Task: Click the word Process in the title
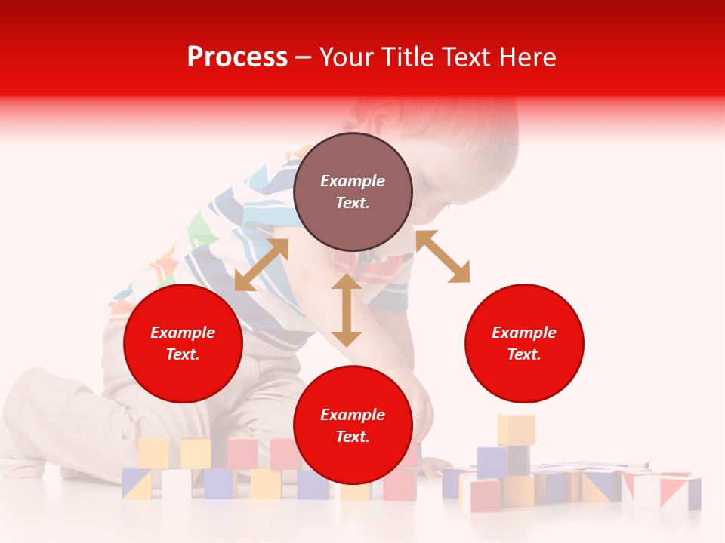tap(237, 57)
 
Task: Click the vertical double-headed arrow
tap(347, 310)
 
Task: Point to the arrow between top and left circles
tap(261, 265)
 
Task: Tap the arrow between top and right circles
tap(443, 256)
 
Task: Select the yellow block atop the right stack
tap(516, 429)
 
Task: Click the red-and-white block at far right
tap(679, 492)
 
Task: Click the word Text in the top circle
tap(353, 203)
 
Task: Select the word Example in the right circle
tap(524, 333)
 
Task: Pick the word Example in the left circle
tap(183, 333)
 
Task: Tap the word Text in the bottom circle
tap(353, 437)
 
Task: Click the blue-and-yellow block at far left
tap(137, 483)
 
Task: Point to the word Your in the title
tap(343, 57)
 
